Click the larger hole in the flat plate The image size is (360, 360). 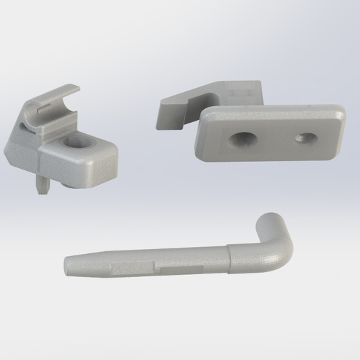tap(243, 139)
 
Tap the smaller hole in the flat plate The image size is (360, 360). tap(303, 137)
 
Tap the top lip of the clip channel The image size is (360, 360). tap(66, 91)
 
